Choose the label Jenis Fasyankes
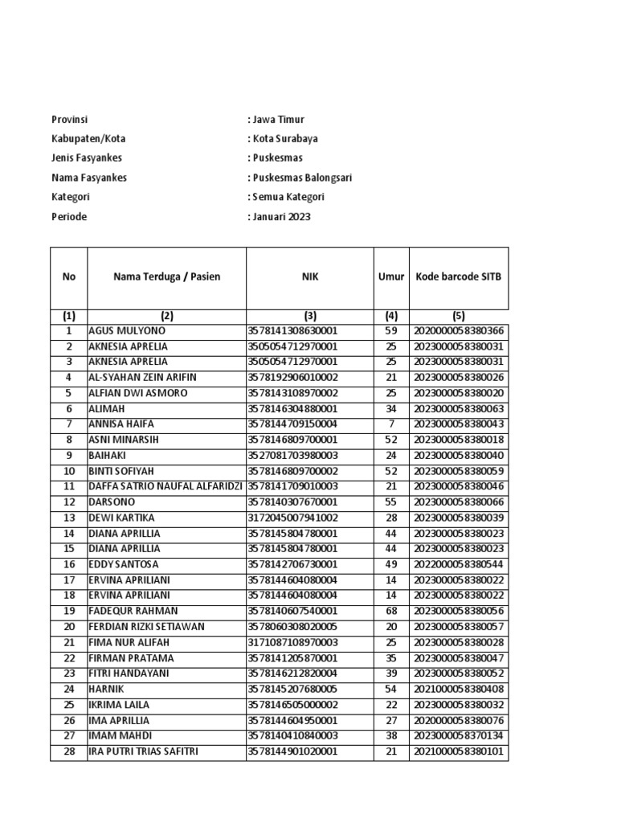[x=87, y=158]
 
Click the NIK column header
[x=309, y=277]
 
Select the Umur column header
[x=391, y=277]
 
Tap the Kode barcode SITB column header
[x=459, y=277]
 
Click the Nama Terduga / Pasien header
[x=166, y=277]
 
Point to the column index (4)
[x=391, y=316]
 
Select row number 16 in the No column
[x=69, y=564]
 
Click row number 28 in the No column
[x=69, y=751]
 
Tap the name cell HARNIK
[x=107, y=689]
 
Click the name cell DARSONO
[x=112, y=502]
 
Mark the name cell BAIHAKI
[x=110, y=456]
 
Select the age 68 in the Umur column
[x=391, y=611]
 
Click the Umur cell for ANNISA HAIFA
[x=391, y=424]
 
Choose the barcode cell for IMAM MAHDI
[x=459, y=735]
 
